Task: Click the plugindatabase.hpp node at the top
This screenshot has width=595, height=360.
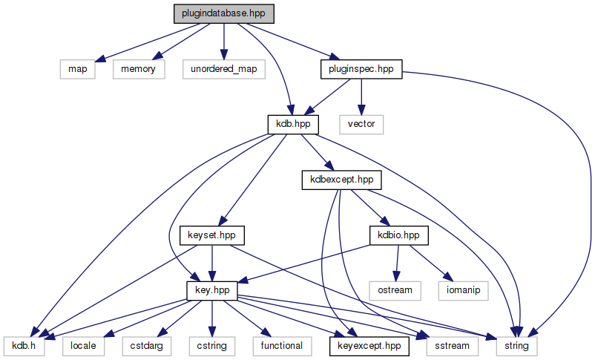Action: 223,14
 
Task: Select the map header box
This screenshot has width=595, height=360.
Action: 77,69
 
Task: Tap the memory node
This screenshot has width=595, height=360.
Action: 134,69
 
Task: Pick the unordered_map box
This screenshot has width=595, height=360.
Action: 223,69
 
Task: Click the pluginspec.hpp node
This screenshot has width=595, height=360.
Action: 361,69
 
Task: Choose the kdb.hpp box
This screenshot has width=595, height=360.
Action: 292,124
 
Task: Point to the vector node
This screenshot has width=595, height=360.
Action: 361,124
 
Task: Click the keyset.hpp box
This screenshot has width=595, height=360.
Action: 213,235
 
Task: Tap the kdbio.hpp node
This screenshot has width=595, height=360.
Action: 399,235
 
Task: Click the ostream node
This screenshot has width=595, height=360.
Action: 393,289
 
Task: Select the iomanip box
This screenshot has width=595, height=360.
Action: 464,289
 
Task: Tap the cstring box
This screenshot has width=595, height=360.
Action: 211,345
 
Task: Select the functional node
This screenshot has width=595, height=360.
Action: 281,345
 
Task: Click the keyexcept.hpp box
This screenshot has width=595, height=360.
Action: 367,345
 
